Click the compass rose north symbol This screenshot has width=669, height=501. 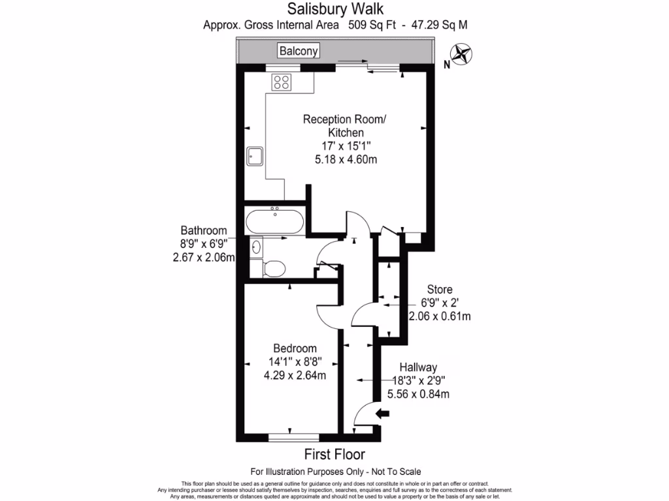(x=463, y=54)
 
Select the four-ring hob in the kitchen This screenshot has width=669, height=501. (x=282, y=82)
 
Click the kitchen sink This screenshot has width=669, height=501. (x=255, y=156)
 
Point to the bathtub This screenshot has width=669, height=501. (x=274, y=222)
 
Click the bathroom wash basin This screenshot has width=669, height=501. (x=256, y=247)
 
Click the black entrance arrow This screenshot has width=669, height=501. (x=383, y=413)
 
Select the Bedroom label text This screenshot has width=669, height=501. (x=295, y=348)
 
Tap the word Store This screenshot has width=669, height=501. (x=440, y=289)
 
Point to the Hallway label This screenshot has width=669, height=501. (x=419, y=368)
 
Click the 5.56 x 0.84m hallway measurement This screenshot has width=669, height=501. (x=419, y=394)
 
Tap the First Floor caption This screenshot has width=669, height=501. (x=334, y=454)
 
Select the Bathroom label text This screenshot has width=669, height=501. (x=204, y=230)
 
